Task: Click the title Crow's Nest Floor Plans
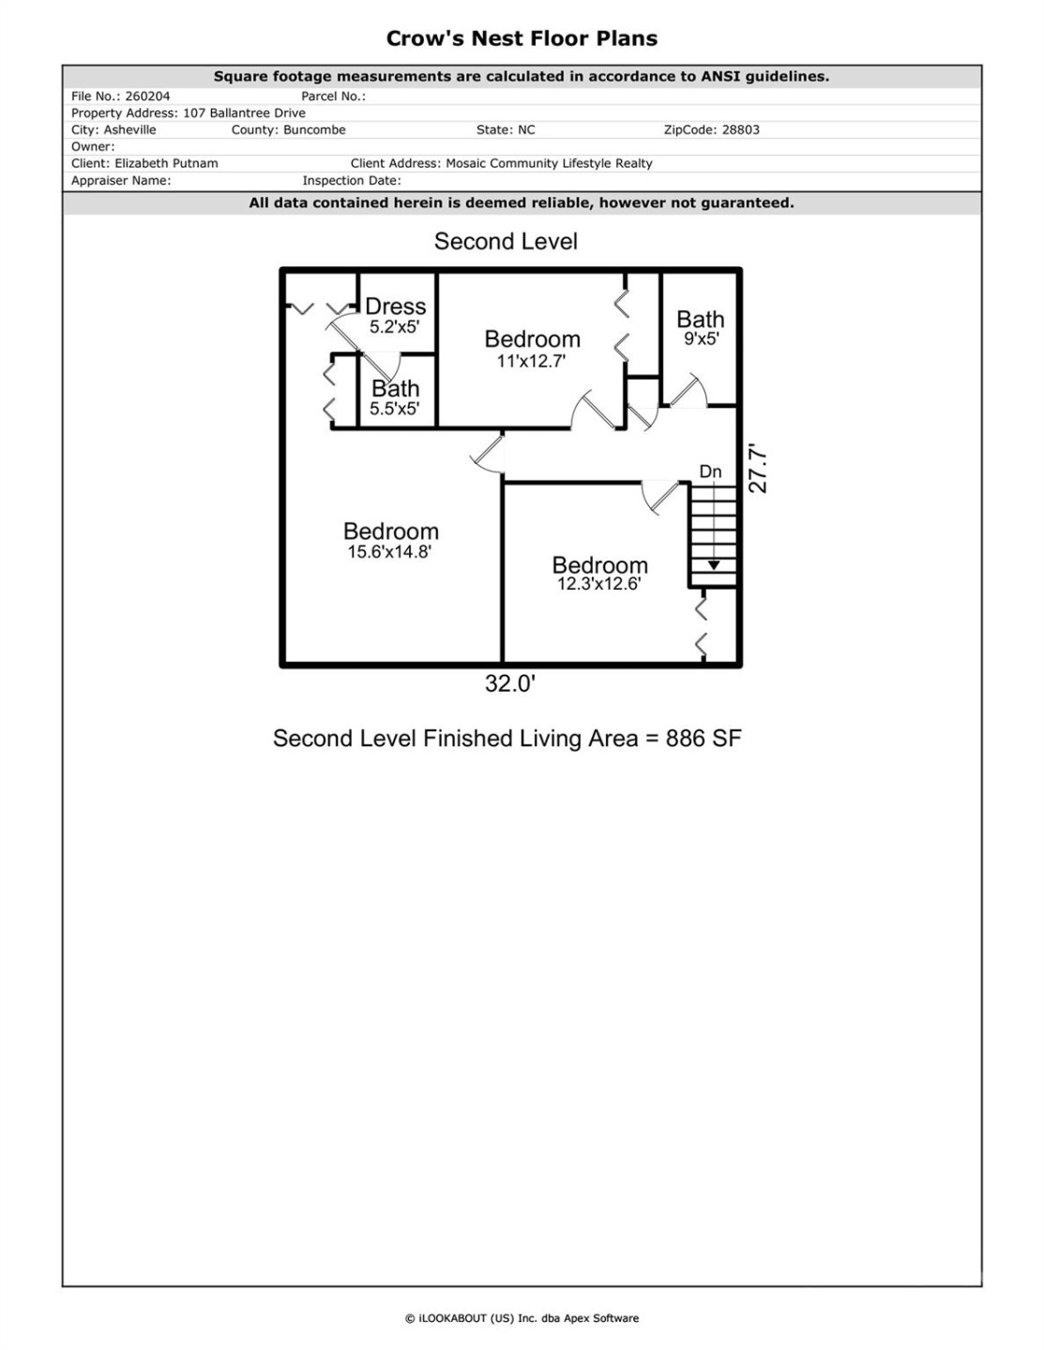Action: click(x=522, y=38)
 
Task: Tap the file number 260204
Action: click(x=147, y=96)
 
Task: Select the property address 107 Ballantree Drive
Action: click(x=244, y=112)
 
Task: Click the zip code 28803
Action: click(x=740, y=129)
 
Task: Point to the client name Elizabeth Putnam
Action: click(x=166, y=163)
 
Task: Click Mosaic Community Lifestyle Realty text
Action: click(x=549, y=163)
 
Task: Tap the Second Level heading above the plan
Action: click(x=506, y=242)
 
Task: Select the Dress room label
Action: click(x=395, y=307)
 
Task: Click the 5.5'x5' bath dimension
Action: click(x=394, y=409)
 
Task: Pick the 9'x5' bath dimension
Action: click(x=701, y=339)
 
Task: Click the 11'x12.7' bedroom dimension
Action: click(x=531, y=362)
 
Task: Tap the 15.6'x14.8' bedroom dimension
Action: click(x=389, y=552)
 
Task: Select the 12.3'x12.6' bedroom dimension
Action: click(x=598, y=584)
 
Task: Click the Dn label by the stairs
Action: click(x=710, y=472)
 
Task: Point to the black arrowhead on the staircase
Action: click(x=714, y=565)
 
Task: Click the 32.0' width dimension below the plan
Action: click(x=509, y=684)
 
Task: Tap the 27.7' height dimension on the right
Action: click(x=758, y=470)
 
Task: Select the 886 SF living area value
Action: click(x=704, y=739)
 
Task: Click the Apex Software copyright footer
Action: click(x=522, y=1318)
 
